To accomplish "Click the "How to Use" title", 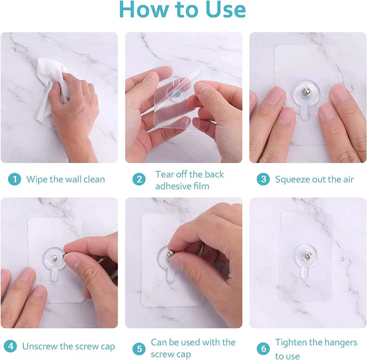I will [x=182, y=11].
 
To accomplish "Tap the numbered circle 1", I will [x=15, y=180].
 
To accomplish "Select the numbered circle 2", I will [x=139, y=180].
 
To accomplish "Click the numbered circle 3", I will [x=263, y=180].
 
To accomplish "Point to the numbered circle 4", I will [x=11, y=346].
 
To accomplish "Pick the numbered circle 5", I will [x=139, y=348].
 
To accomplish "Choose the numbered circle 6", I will [x=263, y=348].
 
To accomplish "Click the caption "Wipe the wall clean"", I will [x=66, y=180].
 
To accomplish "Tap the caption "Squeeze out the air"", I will [x=314, y=180].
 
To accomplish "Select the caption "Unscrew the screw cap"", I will [x=68, y=346].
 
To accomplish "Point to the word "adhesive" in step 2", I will [x=172, y=186].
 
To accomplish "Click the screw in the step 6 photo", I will [x=306, y=258].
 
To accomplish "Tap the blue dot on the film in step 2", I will [x=177, y=94].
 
